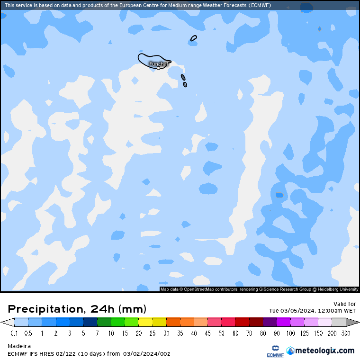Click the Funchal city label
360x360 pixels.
pyautogui.click(x=159, y=63)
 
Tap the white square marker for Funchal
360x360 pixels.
pyautogui.click(x=158, y=68)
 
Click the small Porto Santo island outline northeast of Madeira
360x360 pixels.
pyautogui.click(x=194, y=38)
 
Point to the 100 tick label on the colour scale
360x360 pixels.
pyautogui.click(x=290, y=333)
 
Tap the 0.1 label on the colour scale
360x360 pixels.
pyautogui.click(x=15, y=333)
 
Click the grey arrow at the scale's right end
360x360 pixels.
pyautogui.click(x=353, y=323)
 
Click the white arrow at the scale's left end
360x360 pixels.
pyautogui.click(x=7, y=323)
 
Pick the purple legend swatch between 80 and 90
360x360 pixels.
pyautogui.click(x=270, y=323)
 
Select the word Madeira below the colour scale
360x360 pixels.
pyautogui.click(x=19, y=346)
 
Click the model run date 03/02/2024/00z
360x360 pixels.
pyautogui.click(x=146, y=353)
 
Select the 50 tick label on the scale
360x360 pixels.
pyautogui.click(x=221, y=333)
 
